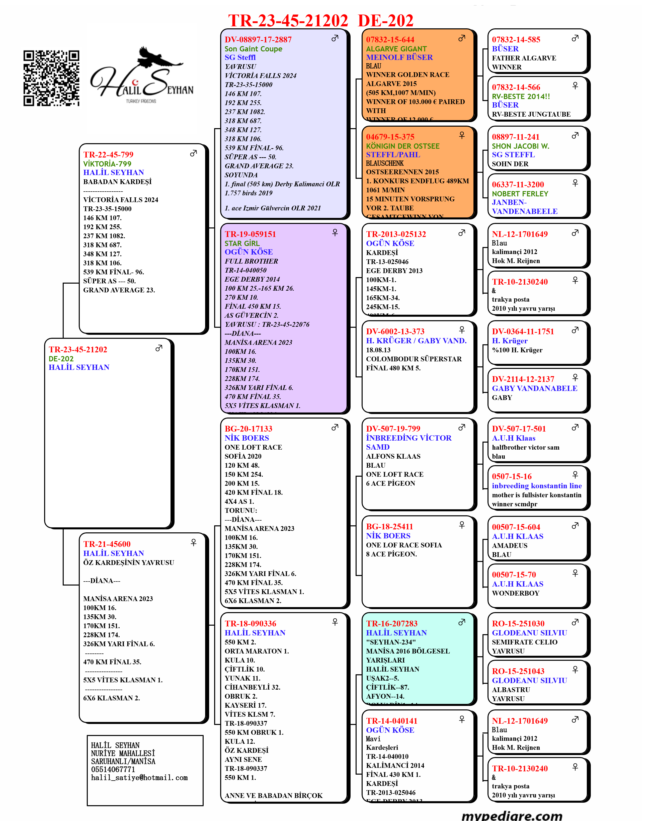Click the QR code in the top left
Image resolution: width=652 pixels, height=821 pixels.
click(x=51, y=78)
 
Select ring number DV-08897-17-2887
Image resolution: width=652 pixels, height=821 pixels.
click(x=258, y=40)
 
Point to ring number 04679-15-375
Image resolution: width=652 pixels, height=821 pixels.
click(x=390, y=137)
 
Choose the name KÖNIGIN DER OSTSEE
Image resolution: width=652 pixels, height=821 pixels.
click(x=402, y=146)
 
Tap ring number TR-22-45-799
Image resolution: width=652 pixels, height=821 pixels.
click(x=108, y=155)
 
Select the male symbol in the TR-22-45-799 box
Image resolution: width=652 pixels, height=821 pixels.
click(x=193, y=153)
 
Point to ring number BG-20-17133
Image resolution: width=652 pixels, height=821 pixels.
click(x=248, y=429)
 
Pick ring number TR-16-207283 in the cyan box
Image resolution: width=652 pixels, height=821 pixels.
click(x=391, y=623)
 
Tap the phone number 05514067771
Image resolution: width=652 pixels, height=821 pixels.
click(x=113, y=770)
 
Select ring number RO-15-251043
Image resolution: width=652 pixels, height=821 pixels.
click(x=518, y=671)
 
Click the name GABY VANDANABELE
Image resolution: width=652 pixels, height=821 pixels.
click(x=534, y=388)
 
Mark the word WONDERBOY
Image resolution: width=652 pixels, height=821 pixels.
click(x=515, y=593)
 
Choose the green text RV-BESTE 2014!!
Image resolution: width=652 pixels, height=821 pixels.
click(x=521, y=97)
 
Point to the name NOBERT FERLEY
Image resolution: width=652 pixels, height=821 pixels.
click(x=520, y=194)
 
